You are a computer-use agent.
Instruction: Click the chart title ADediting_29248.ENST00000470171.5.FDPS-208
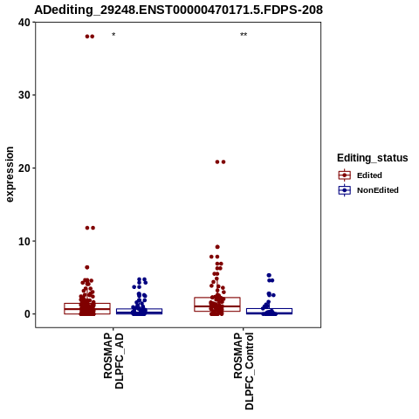click(178, 10)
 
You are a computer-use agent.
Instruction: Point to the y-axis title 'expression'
click(10, 175)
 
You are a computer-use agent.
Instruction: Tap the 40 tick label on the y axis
click(24, 23)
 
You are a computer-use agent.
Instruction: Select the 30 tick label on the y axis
click(24, 95)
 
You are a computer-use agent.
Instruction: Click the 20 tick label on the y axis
click(24, 168)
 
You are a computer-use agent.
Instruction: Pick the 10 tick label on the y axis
click(24, 241)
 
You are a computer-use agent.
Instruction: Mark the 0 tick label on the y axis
click(28, 314)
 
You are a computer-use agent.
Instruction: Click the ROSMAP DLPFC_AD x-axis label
click(113, 361)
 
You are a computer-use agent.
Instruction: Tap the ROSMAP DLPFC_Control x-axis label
click(244, 371)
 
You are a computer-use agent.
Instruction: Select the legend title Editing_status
click(373, 158)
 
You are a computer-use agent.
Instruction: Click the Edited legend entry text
click(369, 175)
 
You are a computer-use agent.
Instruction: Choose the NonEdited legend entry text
click(378, 190)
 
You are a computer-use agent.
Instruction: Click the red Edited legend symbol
click(345, 175)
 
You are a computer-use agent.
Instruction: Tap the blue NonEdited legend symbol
click(345, 190)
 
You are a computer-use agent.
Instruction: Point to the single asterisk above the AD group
click(113, 35)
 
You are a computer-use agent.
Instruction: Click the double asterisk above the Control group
click(244, 35)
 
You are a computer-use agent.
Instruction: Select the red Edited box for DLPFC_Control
click(217, 305)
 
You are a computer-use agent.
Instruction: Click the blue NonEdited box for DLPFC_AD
click(139, 312)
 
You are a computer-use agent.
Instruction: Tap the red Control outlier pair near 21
click(220, 162)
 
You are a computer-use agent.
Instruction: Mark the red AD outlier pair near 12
click(90, 228)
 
